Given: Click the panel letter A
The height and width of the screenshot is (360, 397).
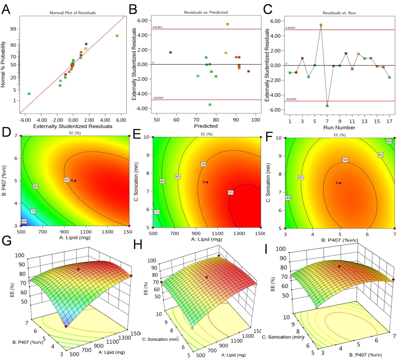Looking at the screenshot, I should point(6,9).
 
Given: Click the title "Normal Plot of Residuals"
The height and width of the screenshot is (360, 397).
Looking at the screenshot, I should point(73,13).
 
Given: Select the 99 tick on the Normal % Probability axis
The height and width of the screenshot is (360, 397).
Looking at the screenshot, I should point(13,29).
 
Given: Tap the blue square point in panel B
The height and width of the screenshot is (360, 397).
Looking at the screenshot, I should point(171,52).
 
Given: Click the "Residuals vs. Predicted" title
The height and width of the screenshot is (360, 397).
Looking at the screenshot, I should point(206,12).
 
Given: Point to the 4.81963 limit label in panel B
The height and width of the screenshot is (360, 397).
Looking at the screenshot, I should point(157,27).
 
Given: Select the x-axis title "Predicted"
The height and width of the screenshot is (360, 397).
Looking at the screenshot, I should point(206,126).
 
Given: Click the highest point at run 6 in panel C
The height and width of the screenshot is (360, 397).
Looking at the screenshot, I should point(321,25).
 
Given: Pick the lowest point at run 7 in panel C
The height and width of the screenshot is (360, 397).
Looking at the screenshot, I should point(327,106).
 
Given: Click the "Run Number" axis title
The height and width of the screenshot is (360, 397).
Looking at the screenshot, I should point(339,128).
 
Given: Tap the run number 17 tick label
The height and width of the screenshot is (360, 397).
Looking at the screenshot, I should point(389,121).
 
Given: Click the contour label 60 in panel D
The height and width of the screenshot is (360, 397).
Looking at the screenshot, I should point(24,221).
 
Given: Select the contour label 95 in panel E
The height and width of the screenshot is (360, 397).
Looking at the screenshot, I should point(231,192).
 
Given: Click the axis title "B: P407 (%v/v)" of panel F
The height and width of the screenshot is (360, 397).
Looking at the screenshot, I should point(340,240).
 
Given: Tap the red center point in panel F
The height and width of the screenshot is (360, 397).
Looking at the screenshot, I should point(340,183).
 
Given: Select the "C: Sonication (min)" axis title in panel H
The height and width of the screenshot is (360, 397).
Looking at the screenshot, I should point(160,339).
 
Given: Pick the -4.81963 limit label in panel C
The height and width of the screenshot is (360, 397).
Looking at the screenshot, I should point(291,99).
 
